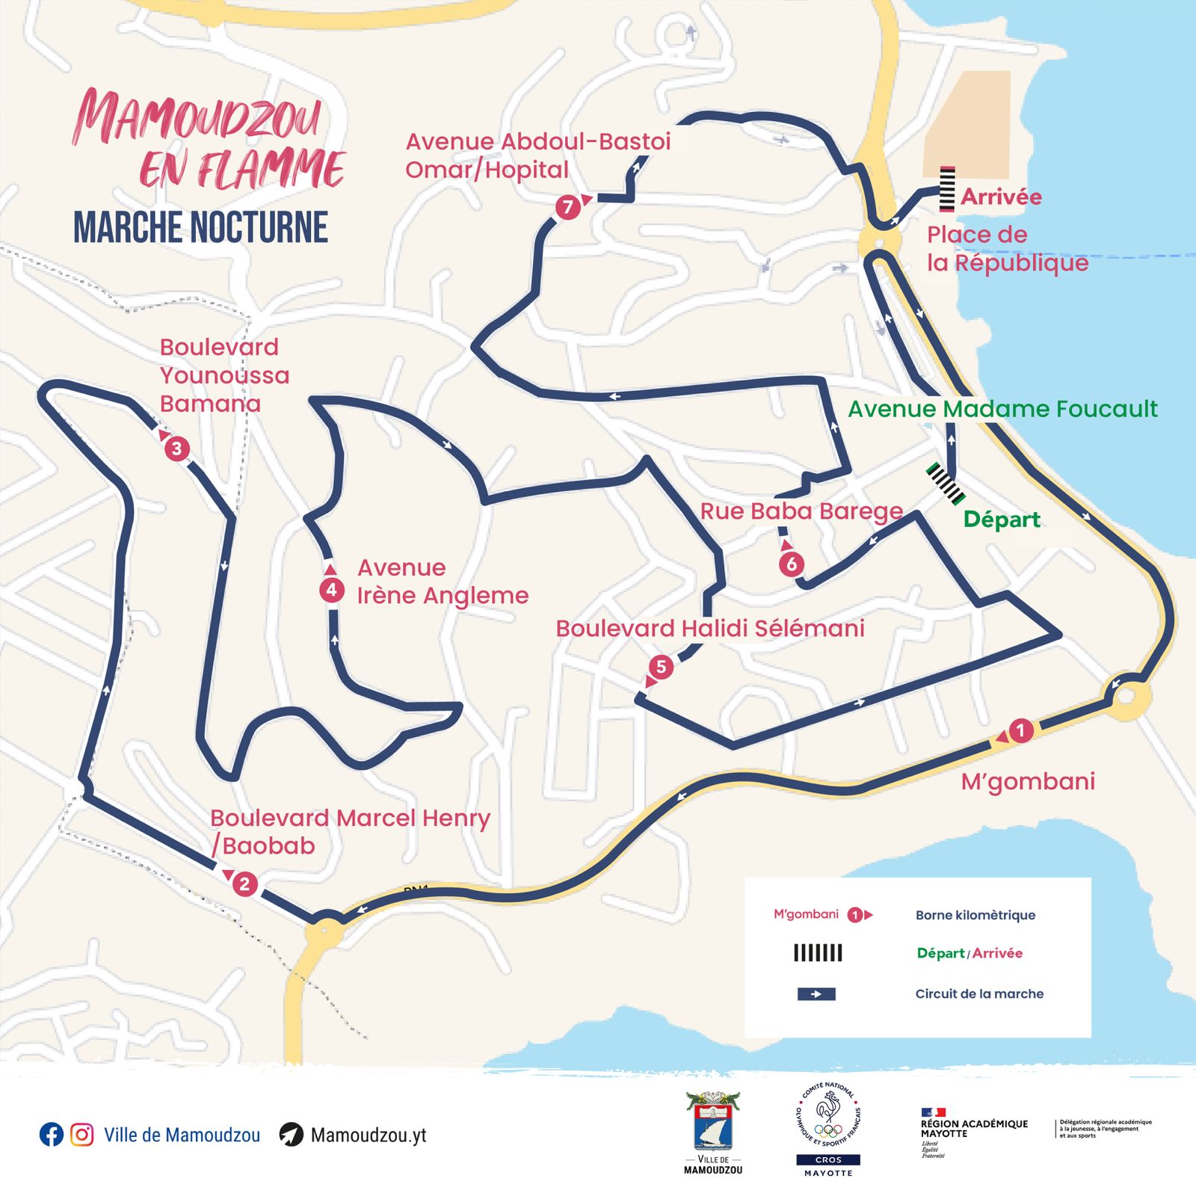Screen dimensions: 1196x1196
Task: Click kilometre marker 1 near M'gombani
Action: [1021, 730]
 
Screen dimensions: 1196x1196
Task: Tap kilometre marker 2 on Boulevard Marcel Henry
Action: [244, 884]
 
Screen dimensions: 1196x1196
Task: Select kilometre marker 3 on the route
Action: [177, 449]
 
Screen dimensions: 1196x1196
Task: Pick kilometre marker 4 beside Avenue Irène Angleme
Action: [331, 590]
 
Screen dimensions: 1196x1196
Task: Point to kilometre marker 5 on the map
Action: [661, 666]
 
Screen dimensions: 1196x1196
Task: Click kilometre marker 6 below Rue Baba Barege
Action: [792, 564]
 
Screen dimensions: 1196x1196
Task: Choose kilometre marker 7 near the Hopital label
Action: [568, 206]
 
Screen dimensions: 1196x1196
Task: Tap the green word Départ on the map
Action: [1002, 520]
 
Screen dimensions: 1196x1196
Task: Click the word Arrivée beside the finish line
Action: [1001, 197]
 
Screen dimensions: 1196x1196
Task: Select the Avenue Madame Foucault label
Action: [1002, 409]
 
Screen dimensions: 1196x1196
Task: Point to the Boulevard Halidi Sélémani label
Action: [710, 629]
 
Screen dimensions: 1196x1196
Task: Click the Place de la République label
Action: [1006, 249]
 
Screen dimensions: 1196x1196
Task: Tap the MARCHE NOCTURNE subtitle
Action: [200, 227]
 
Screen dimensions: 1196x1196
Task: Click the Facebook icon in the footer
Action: [51, 1135]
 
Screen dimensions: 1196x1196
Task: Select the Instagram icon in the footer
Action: [82, 1135]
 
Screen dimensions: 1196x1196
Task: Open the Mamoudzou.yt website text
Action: [368, 1135]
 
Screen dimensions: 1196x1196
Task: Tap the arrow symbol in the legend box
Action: [816, 994]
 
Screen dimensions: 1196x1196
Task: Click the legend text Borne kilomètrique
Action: [975, 915]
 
